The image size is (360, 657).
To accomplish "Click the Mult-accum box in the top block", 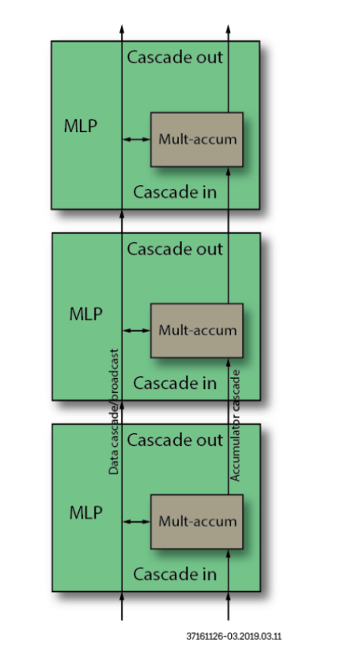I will point(197,139).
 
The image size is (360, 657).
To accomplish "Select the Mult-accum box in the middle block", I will point(197,330).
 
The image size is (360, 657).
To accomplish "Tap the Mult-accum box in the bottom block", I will point(197,521).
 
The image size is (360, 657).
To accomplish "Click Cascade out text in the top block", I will point(175,57).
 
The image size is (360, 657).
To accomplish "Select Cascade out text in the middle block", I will point(175,249).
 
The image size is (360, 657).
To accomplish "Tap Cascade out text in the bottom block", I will point(175,440).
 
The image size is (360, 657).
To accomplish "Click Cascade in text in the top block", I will point(175,192).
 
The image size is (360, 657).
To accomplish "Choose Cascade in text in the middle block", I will point(175,383).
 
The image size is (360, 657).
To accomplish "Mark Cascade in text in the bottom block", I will point(175,575).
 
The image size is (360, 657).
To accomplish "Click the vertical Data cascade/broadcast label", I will point(114,411).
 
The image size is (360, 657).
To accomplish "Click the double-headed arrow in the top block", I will point(136,140).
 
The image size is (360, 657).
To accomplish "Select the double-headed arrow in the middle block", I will point(136,330).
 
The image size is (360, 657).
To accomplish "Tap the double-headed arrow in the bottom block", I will point(136,522).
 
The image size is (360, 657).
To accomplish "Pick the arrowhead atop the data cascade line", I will point(122,29).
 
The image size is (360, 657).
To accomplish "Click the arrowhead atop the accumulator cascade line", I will point(229,29).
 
